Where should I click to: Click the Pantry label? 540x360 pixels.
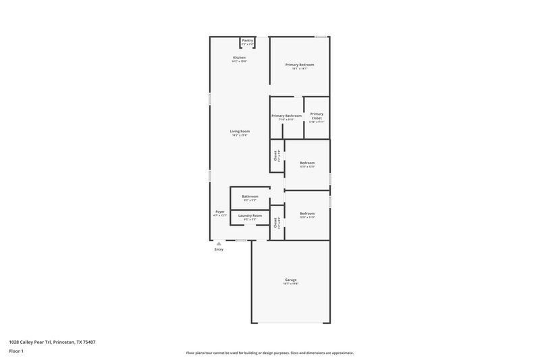[x=248, y=41]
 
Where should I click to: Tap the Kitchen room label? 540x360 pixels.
[x=240, y=58]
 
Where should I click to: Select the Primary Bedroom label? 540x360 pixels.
[x=300, y=65]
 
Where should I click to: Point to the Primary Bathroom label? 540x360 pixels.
[x=287, y=115]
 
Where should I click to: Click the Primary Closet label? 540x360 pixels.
[x=317, y=116]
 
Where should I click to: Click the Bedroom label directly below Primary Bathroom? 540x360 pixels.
[x=307, y=163]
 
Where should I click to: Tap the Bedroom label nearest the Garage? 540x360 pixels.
[x=307, y=213]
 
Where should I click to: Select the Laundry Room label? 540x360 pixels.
[x=250, y=215]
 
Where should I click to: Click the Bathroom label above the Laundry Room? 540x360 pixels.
[x=250, y=197]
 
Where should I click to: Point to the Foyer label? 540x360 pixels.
[x=220, y=212]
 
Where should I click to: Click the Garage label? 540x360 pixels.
[x=291, y=280]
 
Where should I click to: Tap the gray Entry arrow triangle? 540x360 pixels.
[x=219, y=244]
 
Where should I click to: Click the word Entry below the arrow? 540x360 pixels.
[x=219, y=250]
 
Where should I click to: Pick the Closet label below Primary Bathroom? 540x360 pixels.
[x=275, y=156]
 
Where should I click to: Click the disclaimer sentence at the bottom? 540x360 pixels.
[x=269, y=353]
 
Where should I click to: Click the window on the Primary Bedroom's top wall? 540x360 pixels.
[x=322, y=36]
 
